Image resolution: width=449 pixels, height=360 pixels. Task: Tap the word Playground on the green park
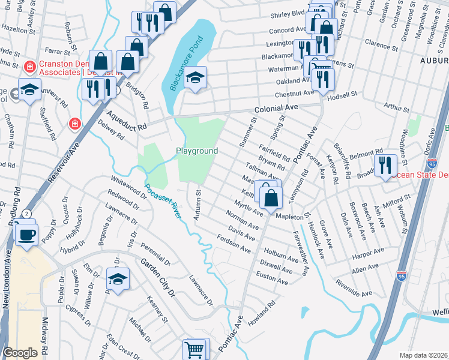[x=196, y=151]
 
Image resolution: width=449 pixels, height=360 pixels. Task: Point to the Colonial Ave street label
[x=276, y=109]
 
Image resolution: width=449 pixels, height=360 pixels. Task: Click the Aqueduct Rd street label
[x=127, y=120]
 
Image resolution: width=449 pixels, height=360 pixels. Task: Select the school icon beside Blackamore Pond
[x=195, y=77]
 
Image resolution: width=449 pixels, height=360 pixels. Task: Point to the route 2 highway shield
[x=27, y=214]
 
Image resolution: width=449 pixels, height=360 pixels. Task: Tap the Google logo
[x=20, y=353]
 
